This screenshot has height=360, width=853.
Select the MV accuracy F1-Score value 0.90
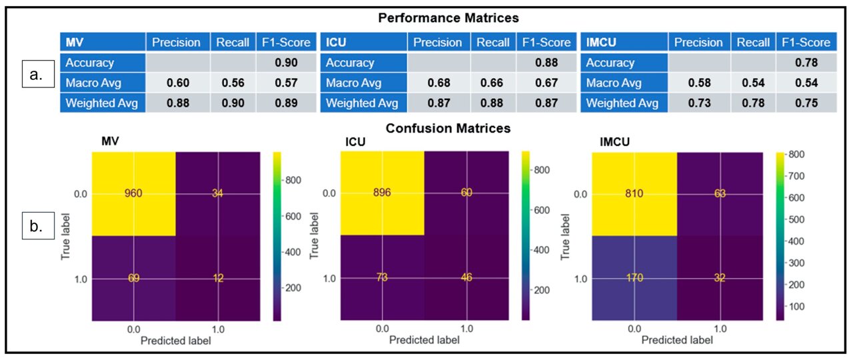point(285,63)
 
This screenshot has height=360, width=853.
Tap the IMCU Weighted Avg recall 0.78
point(752,103)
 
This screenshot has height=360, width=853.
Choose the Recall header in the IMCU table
point(752,43)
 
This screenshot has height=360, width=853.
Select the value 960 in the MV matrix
point(133,194)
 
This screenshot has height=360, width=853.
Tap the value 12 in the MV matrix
point(217,278)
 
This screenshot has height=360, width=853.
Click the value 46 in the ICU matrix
point(466,278)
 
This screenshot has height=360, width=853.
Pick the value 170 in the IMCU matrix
point(634,278)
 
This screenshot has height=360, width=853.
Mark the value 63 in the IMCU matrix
point(720,194)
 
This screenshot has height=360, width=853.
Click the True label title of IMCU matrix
point(566,236)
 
